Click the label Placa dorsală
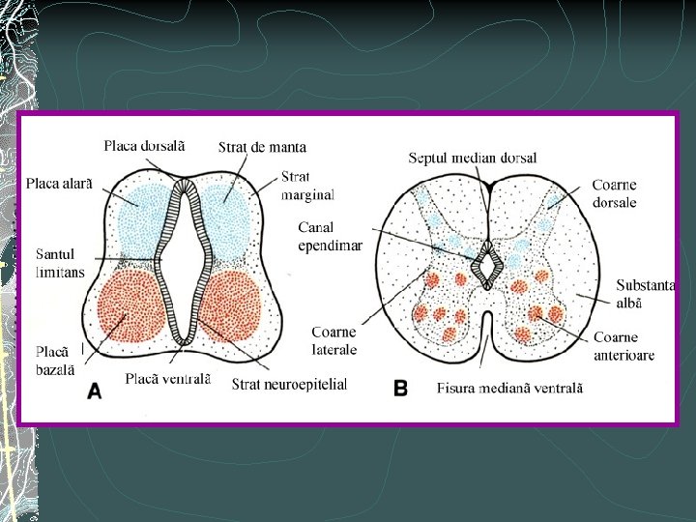pos(144,146)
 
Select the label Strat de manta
pos(262,147)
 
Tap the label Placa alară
pos(59,183)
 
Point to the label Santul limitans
pos(60,263)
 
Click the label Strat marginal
pos(307,186)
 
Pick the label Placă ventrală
pos(167,378)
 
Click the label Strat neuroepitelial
pos(289,384)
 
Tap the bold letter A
pos(95,391)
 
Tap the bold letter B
pos(400,388)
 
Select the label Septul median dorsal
pos(473,158)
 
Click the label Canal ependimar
pos(330,236)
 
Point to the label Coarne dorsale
pos(614,193)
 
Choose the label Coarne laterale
pos(334,341)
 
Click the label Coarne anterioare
pos(623,346)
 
